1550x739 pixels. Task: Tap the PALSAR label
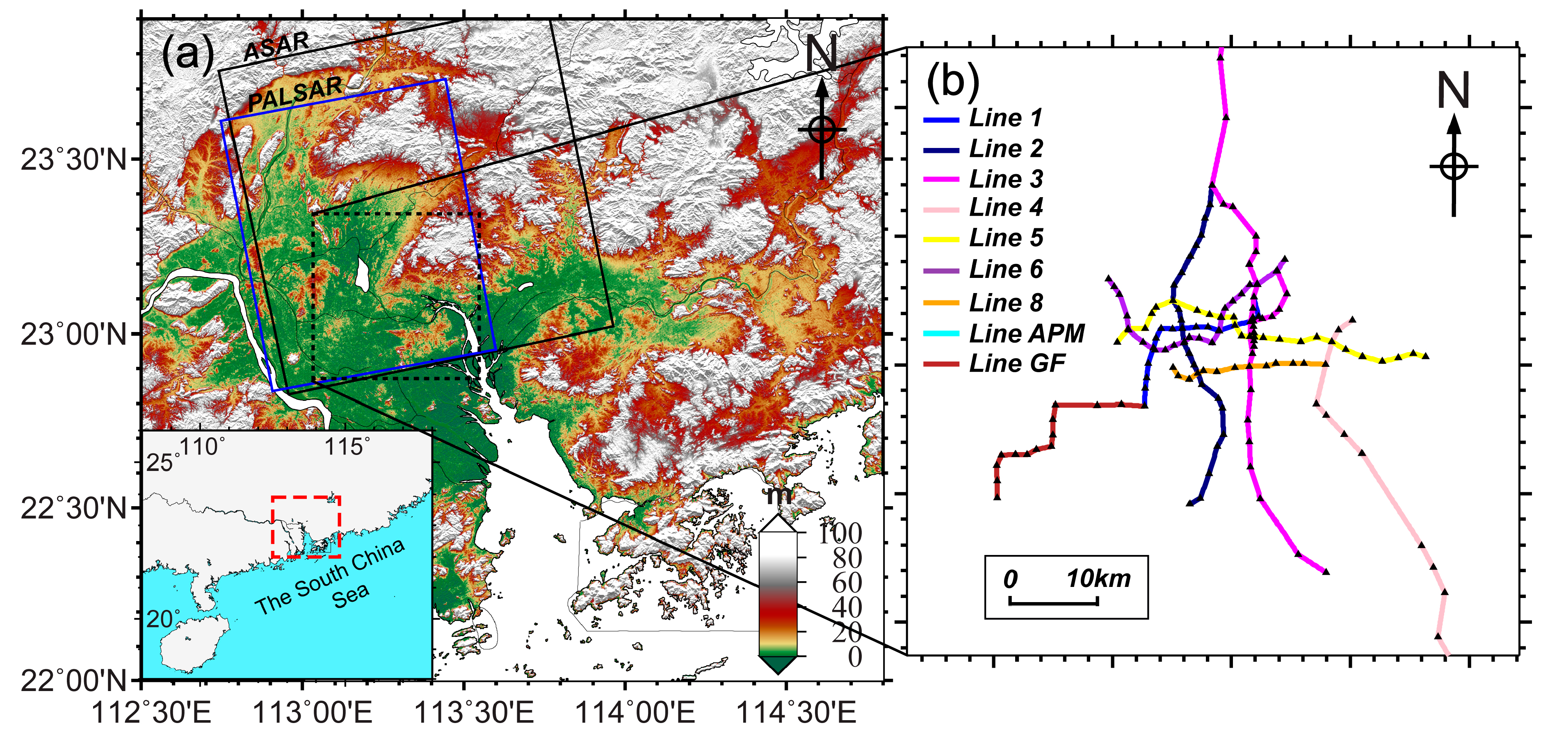(x=295, y=94)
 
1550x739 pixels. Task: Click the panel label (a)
(x=188, y=54)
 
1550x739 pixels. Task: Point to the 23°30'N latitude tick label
(x=73, y=160)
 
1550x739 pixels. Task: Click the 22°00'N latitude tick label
(x=73, y=681)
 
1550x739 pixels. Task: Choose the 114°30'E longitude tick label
(x=795, y=714)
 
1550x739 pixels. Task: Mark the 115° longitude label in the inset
(x=348, y=447)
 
